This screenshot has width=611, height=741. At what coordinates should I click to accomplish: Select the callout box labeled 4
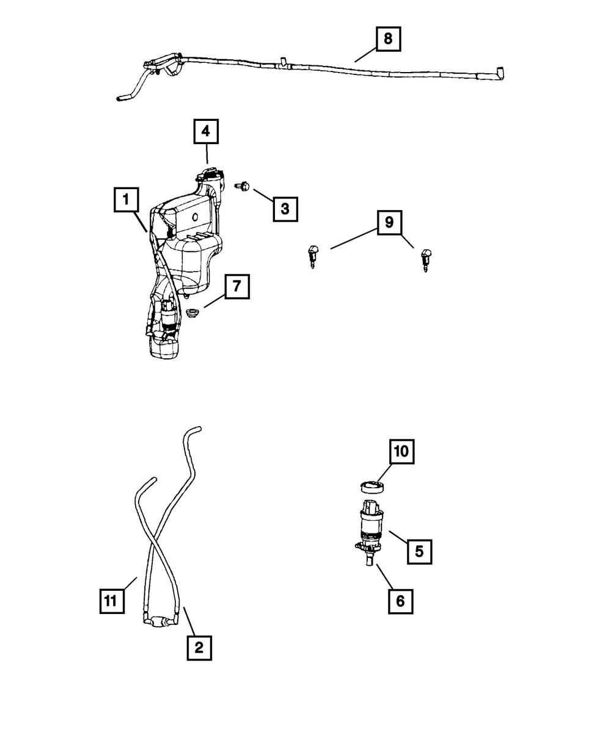point(207,131)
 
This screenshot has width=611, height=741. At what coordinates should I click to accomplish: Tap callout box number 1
point(126,199)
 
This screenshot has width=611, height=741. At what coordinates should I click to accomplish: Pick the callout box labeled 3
point(285,209)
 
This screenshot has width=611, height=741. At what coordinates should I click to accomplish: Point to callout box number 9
point(389,223)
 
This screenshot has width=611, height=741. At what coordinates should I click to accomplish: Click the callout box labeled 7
point(236,286)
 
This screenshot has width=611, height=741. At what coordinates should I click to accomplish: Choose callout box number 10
point(404,452)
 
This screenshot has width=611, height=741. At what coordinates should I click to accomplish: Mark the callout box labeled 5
point(419,551)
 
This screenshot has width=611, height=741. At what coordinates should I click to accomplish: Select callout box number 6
point(400,601)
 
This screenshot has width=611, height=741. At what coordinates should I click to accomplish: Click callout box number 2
point(199,648)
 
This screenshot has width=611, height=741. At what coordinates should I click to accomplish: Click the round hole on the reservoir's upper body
point(195,217)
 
